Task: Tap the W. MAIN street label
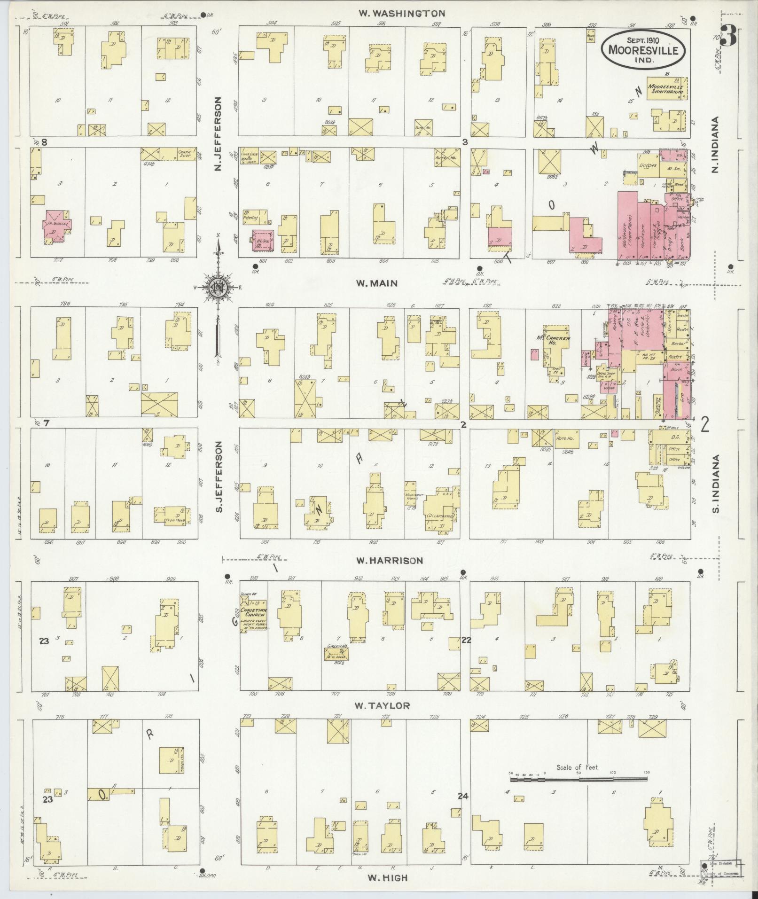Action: [377, 283]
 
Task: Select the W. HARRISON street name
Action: [389, 560]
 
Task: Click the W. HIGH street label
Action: [388, 877]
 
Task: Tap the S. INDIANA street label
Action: [717, 484]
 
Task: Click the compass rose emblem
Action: [218, 287]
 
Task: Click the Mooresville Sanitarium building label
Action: [665, 89]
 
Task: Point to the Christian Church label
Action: [254, 612]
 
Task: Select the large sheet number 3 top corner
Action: [728, 36]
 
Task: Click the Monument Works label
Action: [414, 498]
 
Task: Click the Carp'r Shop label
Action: [184, 152]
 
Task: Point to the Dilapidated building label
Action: [440, 516]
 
